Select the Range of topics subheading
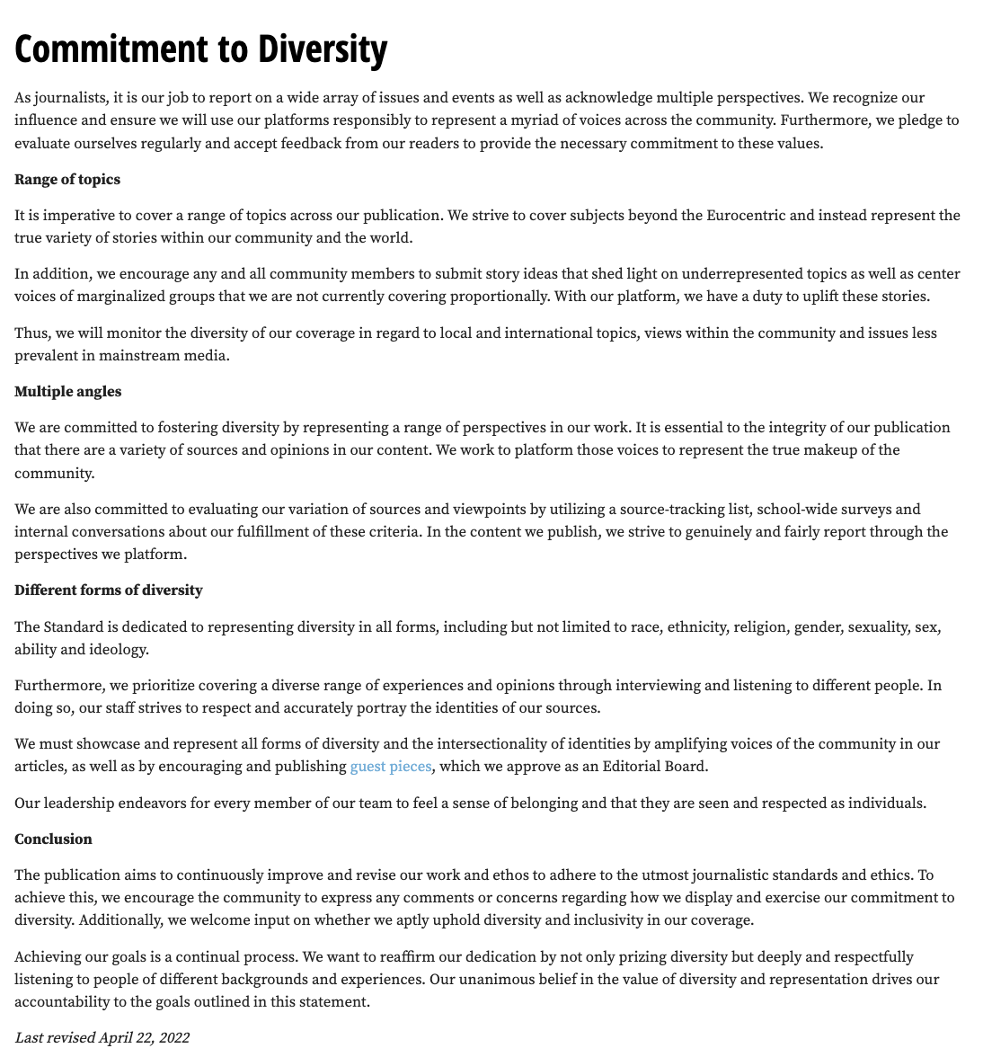click(67, 180)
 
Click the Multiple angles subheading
click(67, 392)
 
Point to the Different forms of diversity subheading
click(109, 591)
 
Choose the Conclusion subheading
click(53, 839)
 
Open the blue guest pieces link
click(391, 767)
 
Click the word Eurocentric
click(751, 216)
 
